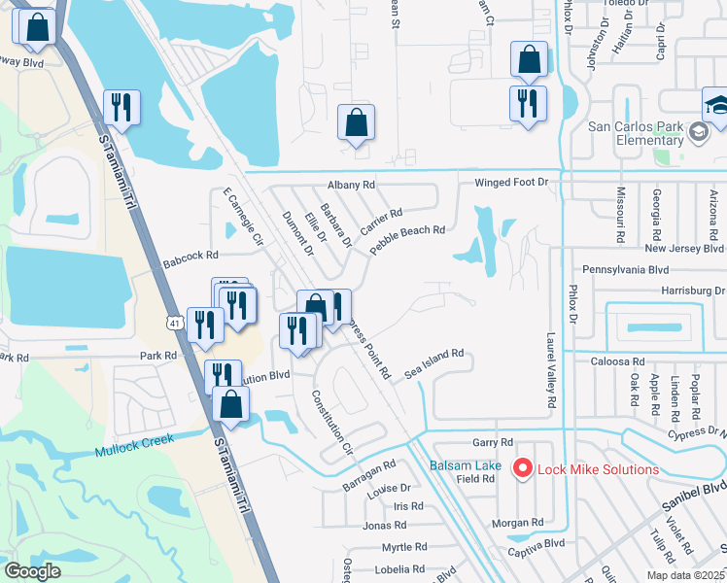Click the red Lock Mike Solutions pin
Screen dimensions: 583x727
point(522,469)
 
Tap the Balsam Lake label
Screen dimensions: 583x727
point(466,465)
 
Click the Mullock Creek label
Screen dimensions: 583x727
point(134,445)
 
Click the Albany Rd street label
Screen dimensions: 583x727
point(351,184)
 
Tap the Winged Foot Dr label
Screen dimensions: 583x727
point(511,183)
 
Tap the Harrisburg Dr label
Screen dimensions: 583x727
point(694,290)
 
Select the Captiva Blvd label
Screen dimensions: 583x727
point(536,544)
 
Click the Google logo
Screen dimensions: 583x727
point(34,571)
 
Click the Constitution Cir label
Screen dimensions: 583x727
point(331,424)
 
